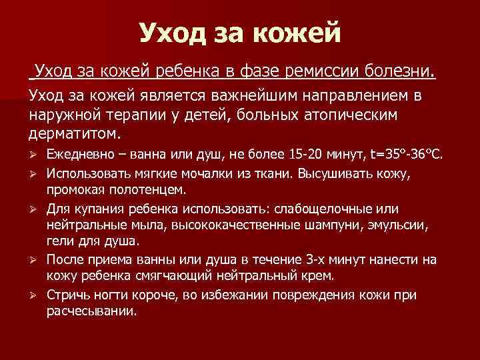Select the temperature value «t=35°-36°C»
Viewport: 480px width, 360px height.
tap(408, 155)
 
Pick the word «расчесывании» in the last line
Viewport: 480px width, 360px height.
tap(91, 311)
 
